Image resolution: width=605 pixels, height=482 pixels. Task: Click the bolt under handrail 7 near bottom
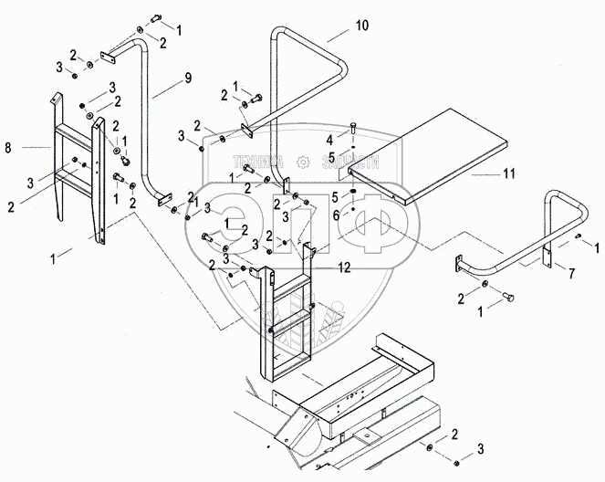[x=506, y=298]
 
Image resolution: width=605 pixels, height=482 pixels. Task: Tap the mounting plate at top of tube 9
[x=107, y=58]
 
